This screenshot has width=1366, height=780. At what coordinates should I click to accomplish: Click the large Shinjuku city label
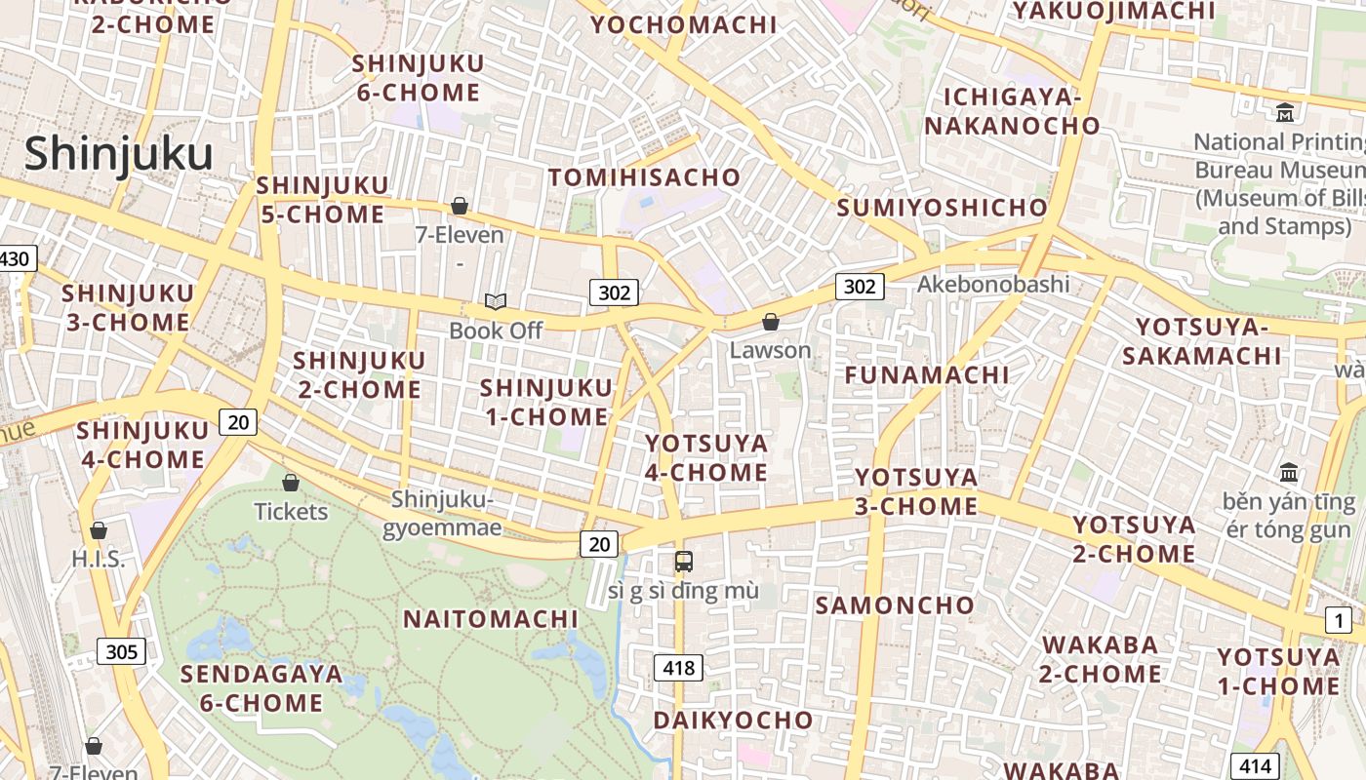(118, 155)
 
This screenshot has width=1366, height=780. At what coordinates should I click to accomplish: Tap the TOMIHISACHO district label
(644, 177)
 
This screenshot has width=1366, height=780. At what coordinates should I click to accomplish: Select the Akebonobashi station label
(993, 285)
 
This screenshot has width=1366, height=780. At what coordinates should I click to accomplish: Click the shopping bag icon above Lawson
(771, 322)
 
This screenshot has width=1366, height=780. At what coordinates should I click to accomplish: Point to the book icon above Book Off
(496, 302)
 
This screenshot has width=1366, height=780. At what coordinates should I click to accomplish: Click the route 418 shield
(678, 668)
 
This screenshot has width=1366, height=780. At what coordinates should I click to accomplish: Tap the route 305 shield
(121, 651)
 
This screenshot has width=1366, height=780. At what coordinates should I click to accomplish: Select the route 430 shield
(17, 259)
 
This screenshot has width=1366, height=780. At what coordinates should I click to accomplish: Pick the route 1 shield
(1339, 620)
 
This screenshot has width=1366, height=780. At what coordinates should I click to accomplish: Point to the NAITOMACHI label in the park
(491, 619)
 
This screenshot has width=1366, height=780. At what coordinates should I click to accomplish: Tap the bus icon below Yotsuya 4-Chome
(684, 562)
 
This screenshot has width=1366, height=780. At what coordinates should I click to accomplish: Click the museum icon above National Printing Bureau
(1285, 113)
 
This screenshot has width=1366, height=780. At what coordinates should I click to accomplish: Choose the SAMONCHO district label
(895, 605)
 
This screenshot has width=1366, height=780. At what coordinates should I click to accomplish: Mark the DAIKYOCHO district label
(733, 721)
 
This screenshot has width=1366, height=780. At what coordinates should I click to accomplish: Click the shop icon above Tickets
(291, 483)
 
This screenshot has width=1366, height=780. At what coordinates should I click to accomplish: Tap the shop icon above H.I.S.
(99, 531)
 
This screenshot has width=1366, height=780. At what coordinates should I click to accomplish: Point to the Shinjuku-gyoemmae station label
(444, 514)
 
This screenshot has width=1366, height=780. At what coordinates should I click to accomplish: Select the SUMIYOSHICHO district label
(942, 208)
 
